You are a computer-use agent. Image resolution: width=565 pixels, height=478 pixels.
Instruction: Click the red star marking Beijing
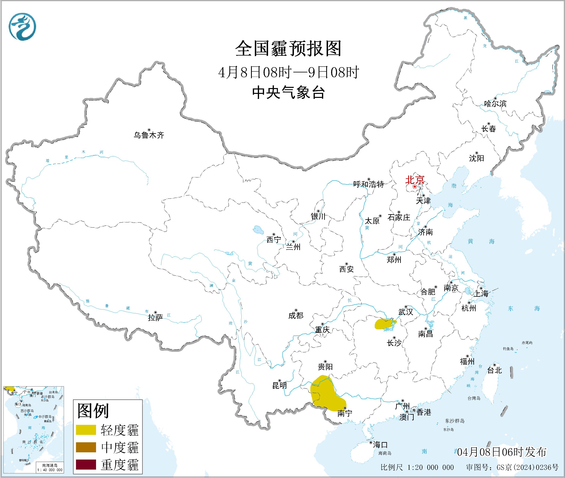point(415,187)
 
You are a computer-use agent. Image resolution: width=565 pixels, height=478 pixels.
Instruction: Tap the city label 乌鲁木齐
point(149,135)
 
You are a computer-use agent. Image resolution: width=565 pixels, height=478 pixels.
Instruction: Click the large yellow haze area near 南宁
point(325,394)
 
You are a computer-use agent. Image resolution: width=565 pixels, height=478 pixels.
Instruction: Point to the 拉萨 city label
point(155,318)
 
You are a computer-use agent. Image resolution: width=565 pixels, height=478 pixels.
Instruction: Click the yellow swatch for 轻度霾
point(86,429)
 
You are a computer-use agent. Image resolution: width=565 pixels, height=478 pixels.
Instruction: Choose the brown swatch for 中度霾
point(86,447)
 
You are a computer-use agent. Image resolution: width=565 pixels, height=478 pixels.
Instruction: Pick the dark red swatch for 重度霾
point(86,464)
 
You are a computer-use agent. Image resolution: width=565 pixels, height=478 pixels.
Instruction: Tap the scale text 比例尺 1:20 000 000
point(417,467)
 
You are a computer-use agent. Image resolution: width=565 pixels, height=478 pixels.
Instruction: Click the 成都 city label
point(296,315)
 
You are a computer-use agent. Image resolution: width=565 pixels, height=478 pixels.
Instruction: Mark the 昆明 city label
point(279,385)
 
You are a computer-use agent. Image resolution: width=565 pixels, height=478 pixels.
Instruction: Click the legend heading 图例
point(93,411)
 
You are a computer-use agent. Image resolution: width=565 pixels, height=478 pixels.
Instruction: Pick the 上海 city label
point(481,293)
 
